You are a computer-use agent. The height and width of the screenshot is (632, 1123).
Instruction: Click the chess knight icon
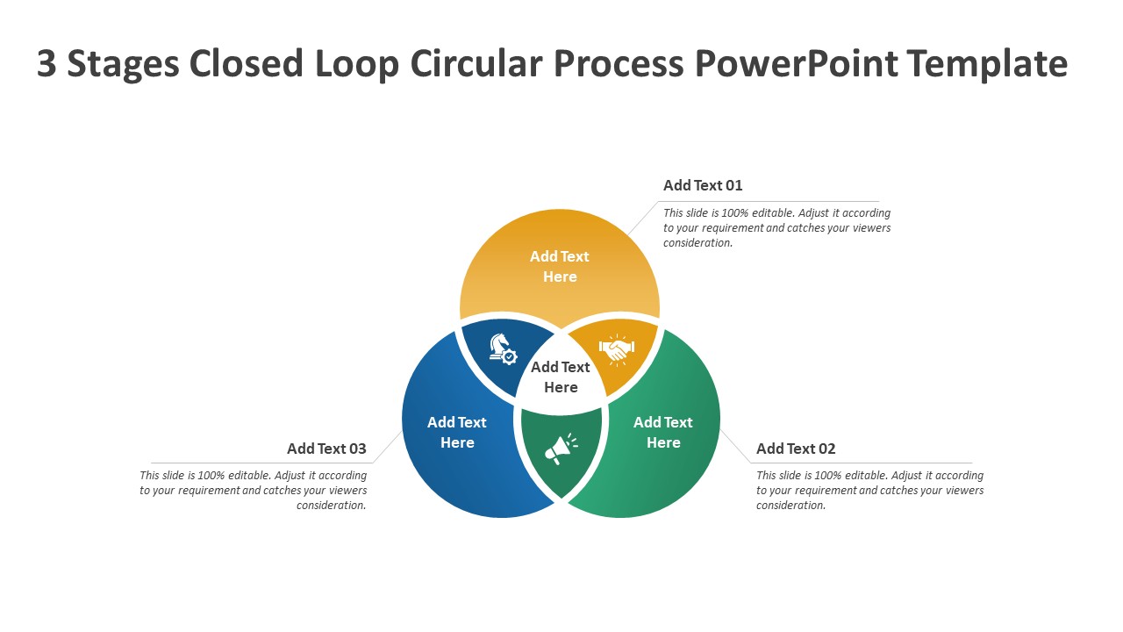503,349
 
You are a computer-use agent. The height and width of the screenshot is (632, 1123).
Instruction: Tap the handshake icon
617,349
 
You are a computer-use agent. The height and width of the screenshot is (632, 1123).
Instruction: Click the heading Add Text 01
703,185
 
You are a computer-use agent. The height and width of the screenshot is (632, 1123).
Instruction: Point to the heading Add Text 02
796,449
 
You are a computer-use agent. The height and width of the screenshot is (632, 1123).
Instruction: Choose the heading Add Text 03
326,449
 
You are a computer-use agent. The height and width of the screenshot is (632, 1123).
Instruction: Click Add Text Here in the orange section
560,267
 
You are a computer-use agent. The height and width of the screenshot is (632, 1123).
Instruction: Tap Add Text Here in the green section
663,433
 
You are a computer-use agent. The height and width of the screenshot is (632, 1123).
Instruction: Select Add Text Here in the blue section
457,433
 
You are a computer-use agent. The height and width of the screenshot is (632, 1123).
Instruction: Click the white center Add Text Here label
561,377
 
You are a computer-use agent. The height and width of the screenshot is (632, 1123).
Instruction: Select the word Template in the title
987,64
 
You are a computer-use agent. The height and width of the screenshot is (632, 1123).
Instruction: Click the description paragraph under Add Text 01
776,228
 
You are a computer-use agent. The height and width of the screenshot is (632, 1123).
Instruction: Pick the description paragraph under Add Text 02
869,491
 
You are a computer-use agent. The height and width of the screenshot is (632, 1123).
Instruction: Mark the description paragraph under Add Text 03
254,491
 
